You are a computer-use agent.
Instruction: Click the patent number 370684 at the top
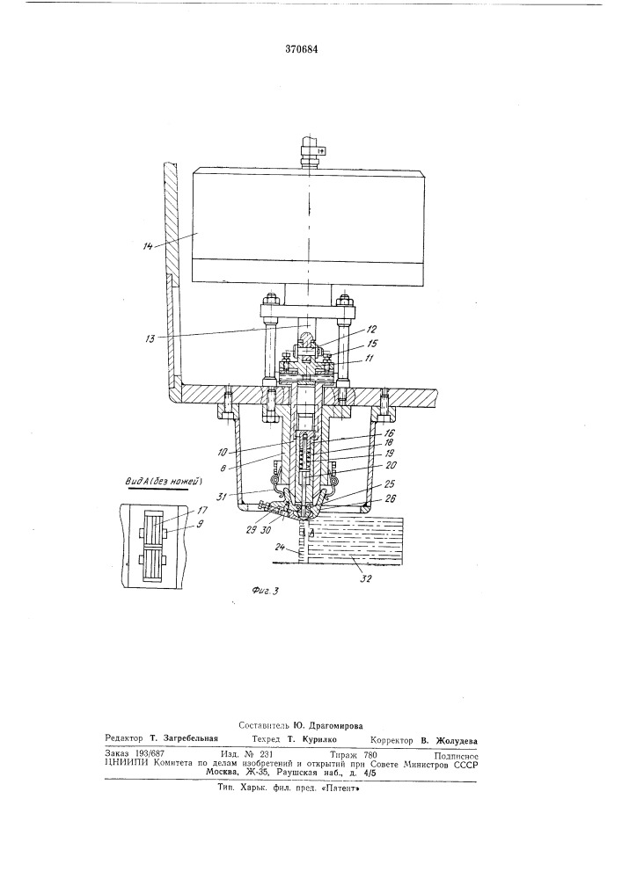point(302,48)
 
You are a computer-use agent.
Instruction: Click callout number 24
point(280,546)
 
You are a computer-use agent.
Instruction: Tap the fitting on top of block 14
point(308,151)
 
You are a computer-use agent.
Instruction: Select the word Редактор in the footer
point(124,739)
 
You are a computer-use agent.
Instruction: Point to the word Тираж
point(343,754)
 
